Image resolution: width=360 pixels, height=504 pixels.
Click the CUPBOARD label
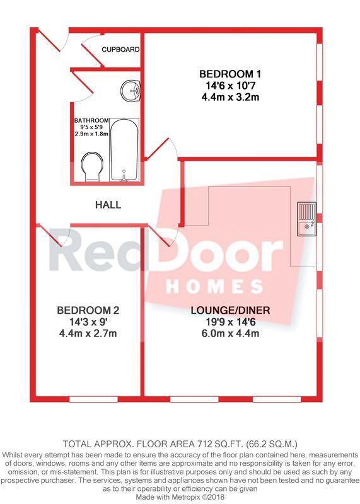[x=120, y=50]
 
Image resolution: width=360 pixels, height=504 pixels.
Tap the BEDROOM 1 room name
[x=230, y=74]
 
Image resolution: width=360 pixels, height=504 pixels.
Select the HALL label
[x=108, y=205]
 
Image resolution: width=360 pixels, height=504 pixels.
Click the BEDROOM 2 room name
[x=88, y=310]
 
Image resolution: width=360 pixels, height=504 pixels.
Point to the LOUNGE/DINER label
[x=230, y=311]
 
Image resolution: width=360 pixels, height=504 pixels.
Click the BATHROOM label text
[x=91, y=120]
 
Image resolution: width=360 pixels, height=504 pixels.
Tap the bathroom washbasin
[x=131, y=90]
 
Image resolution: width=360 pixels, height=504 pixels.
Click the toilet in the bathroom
[x=92, y=167]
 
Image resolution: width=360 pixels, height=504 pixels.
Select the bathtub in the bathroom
[x=124, y=150]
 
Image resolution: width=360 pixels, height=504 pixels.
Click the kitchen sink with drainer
[x=306, y=219]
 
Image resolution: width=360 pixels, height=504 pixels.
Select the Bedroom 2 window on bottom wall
[x=93, y=399]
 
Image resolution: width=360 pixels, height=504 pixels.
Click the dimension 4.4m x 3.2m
[x=230, y=97]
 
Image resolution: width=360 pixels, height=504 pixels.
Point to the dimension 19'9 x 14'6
[x=230, y=322]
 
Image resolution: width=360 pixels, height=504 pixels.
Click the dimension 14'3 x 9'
[x=88, y=322]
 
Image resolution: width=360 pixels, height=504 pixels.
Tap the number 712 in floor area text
[x=203, y=444]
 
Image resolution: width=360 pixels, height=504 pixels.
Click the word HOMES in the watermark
[x=214, y=286]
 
